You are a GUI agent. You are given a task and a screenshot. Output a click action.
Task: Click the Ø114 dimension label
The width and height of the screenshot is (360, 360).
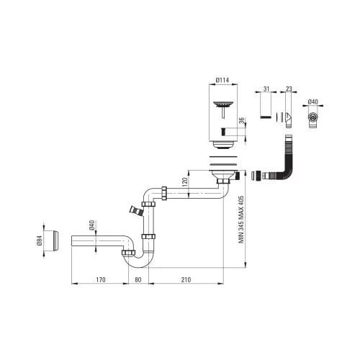(x=222, y=80)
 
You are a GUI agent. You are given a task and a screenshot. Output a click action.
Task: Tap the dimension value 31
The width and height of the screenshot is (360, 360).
(x=266, y=89)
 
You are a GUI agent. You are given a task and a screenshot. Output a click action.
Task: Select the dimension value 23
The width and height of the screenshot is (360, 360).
(x=289, y=89)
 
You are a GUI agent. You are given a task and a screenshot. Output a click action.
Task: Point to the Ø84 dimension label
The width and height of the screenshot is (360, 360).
(x=40, y=240)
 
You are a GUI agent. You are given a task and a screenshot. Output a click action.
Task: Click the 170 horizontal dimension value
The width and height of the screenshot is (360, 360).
(x=101, y=279)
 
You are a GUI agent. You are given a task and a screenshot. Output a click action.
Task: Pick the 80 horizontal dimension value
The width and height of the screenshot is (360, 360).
(x=138, y=279)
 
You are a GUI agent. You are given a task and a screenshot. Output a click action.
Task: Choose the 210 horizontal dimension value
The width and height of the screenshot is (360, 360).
(x=186, y=279)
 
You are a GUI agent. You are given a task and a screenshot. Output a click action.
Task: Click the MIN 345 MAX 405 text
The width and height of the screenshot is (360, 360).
(x=241, y=220)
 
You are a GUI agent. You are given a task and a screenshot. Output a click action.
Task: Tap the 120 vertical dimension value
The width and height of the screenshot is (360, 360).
(x=184, y=182)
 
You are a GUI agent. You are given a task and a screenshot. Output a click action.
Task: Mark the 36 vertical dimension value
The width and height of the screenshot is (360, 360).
(x=241, y=121)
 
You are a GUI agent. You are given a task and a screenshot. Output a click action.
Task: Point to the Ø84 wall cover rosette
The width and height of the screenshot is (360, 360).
(x=55, y=240)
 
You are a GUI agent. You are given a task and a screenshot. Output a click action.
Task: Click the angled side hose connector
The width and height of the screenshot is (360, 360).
(x=136, y=210)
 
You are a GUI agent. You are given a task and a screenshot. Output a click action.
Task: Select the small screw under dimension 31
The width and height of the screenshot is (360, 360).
(x=266, y=117)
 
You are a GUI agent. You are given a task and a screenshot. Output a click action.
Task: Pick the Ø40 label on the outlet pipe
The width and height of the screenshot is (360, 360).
(x=91, y=225)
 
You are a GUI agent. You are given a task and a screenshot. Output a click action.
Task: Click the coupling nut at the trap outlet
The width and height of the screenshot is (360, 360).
(x=128, y=253)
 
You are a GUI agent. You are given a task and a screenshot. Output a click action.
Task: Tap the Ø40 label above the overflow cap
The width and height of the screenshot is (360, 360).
(x=312, y=102)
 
